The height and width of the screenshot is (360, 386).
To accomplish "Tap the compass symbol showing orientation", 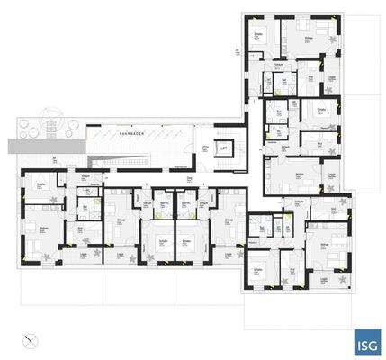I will [x=33, y=339].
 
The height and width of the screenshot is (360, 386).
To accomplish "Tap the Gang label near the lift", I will [x=191, y=178].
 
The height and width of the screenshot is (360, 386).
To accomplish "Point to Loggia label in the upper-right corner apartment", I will [x=331, y=77].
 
